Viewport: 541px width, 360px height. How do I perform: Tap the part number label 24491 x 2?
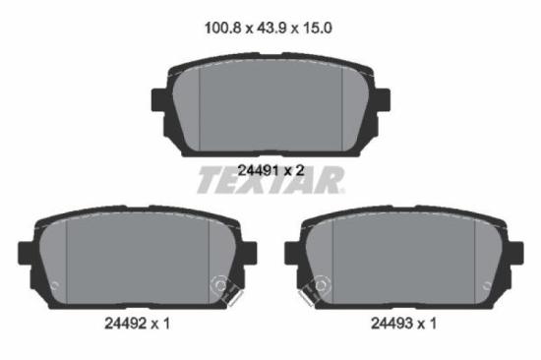coord(270,169)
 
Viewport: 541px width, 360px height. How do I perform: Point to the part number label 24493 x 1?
coord(403,322)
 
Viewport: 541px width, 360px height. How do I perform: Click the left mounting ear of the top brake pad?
coord(160,101)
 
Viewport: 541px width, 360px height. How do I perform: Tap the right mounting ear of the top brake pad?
coord(381,101)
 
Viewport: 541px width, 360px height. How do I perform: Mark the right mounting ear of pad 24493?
coord(515,252)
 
